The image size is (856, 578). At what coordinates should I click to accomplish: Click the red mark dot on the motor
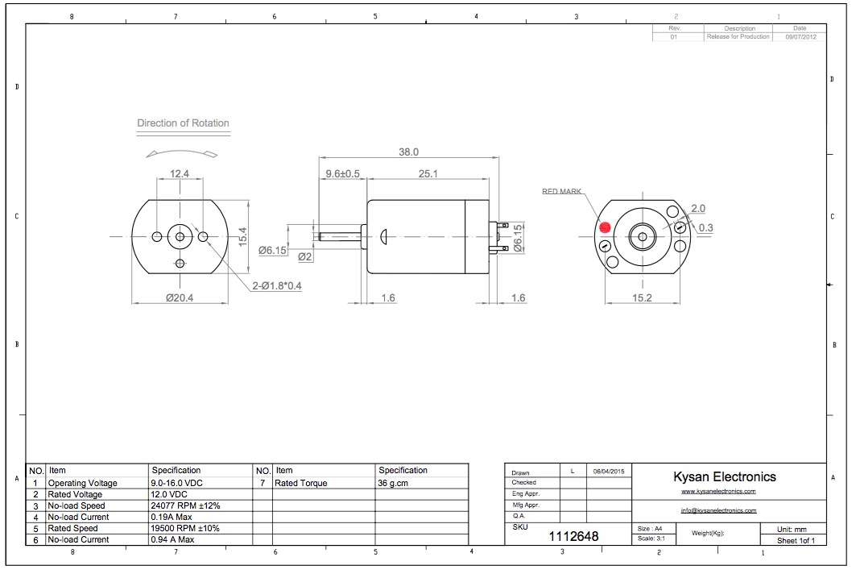tap(604, 227)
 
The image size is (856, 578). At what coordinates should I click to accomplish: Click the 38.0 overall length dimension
tap(408, 152)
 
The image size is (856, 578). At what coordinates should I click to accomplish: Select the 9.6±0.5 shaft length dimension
tap(342, 174)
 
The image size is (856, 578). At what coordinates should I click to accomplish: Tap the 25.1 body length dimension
tap(428, 174)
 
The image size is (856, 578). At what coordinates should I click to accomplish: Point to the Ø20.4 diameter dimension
tap(180, 297)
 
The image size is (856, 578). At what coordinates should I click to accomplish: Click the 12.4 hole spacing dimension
tap(179, 174)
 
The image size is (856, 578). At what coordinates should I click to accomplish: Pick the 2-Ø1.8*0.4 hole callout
tap(277, 285)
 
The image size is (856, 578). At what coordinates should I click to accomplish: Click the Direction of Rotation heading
tap(183, 123)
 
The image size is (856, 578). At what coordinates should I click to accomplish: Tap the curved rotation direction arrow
tap(182, 152)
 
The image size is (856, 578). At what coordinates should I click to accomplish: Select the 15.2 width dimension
tap(642, 297)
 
